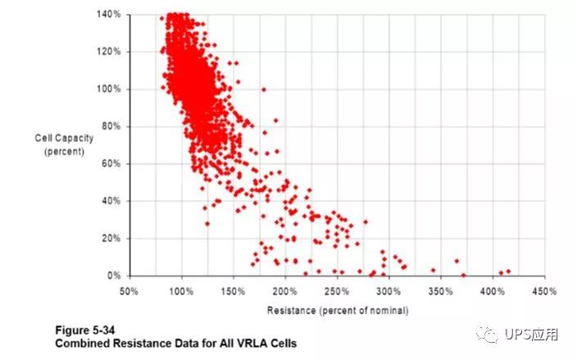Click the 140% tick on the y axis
[x=109, y=14]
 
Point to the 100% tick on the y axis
[x=109, y=89]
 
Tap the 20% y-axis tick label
[x=111, y=238]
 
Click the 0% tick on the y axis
[x=114, y=276]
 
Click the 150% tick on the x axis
[x=233, y=291]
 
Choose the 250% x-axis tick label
[x=337, y=291]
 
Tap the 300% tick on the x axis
[x=388, y=291]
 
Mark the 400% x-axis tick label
[x=492, y=291]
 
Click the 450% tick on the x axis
[x=544, y=291]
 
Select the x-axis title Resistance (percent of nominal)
[x=337, y=310]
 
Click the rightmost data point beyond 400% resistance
[x=508, y=271]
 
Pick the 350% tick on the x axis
[x=440, y=291]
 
